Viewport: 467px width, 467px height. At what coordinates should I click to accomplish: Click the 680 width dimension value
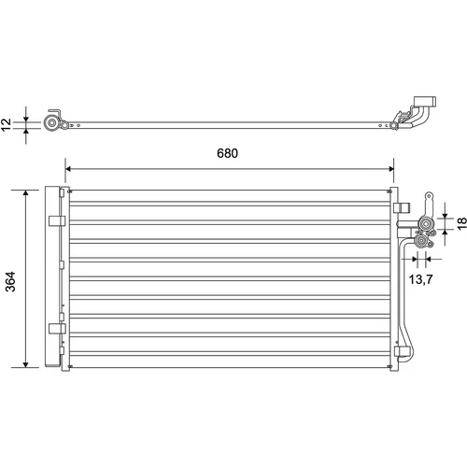[227, 153]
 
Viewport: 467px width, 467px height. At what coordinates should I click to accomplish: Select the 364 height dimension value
[10, 281]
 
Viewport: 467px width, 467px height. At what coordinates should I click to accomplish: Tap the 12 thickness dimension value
[7, 125]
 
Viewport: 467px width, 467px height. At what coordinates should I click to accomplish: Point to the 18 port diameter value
[461, 223]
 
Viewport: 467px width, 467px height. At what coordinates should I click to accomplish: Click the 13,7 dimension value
[420, 279]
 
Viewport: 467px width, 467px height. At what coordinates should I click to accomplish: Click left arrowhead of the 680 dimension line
[68, 169]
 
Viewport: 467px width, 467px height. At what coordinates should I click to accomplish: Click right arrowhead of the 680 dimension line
[390, 169]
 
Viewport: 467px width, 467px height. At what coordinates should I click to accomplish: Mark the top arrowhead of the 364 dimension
[26, 193]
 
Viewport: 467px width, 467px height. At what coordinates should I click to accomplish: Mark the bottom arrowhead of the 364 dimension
[26, 364]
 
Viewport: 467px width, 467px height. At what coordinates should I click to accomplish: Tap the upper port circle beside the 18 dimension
[425, 224]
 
